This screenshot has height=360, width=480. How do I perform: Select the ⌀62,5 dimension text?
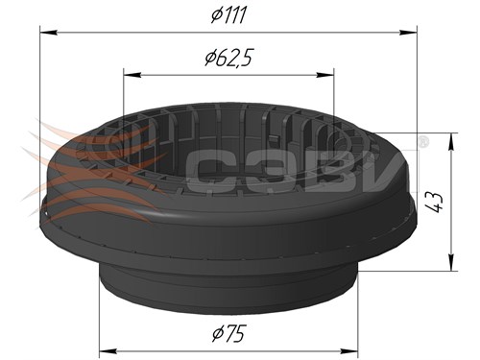tap(228, 58)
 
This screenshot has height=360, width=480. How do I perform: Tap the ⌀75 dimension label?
tap(229, 333)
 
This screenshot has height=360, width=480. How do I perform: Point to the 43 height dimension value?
tap(437, 203)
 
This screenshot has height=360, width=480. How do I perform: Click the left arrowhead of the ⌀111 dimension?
tap(48, 33)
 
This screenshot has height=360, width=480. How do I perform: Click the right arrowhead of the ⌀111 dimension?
tap(409, 32)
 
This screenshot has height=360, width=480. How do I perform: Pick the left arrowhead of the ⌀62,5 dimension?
tap(132, 75)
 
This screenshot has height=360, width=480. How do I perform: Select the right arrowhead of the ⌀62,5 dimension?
tap(325, 75)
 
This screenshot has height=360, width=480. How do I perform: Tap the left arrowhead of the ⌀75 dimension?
tap(108, 351)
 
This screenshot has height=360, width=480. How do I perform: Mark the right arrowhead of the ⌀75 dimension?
tap(349, 351)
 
